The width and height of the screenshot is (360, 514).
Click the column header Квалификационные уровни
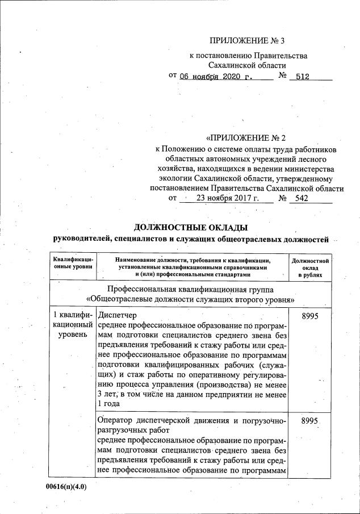pyautogui.click(x=72, y=263)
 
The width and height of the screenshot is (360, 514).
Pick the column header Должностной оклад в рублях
pyautogui.click(x=309, y=267)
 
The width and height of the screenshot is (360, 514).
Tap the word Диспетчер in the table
pyautogui.click(x=118, y=315)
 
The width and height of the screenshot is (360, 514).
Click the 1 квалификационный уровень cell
pyautogui.click(x=72, y=325)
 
